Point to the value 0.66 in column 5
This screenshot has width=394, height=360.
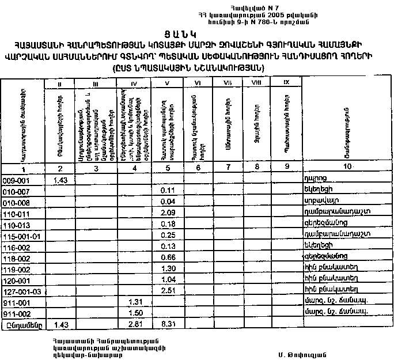[168, 257]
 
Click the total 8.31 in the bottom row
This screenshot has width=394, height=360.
[168, 325]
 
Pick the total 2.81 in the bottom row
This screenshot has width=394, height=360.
[135, 325]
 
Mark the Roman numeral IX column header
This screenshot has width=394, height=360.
[286, 84]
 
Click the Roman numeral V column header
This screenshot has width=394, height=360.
[168, 84]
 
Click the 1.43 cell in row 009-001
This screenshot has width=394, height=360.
[61, 180]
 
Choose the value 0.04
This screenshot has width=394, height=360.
[168, 202]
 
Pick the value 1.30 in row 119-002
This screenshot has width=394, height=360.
[168, 268]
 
